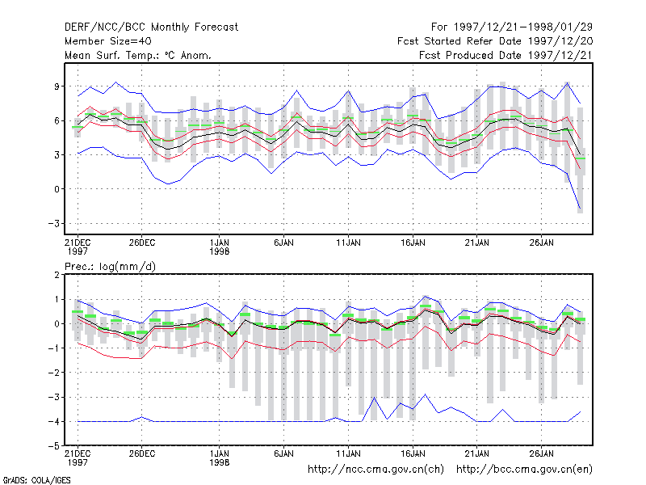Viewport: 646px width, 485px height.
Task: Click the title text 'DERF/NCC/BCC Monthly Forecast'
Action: (151, 27)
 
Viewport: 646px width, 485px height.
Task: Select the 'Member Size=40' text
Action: (108, 41)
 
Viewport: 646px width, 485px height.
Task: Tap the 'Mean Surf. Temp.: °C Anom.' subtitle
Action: (138, 55)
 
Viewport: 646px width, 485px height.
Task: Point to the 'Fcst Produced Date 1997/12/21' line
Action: (505, 55)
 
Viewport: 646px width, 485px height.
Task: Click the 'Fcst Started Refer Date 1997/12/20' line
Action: (495, 41)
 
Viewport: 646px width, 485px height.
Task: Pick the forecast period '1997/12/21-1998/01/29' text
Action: (523, 27)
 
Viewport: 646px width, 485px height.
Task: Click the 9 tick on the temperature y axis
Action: (57, 86)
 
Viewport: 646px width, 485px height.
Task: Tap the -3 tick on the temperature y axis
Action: (54, 224)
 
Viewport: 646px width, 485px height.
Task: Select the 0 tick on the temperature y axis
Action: (57, 189)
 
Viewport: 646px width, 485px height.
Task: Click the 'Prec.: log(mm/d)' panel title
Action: (110, 267)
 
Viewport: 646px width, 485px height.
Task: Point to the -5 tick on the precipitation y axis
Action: (54, 446)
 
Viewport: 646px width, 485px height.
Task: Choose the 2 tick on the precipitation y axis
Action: (57, 275)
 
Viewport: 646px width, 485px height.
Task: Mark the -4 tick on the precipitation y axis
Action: (54, 421)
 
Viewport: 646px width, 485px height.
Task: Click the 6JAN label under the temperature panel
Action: (284, 242)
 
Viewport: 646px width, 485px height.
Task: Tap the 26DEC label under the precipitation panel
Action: (142, 453)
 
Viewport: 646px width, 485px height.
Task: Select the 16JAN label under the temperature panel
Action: (413, 242)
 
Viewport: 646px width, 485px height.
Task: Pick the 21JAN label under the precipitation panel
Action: (477, 453)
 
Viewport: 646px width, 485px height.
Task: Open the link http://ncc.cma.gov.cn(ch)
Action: (375, 470)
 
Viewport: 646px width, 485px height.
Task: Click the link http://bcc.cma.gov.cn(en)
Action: (524, 470)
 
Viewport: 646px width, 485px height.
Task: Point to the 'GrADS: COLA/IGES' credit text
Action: (36, 480)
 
